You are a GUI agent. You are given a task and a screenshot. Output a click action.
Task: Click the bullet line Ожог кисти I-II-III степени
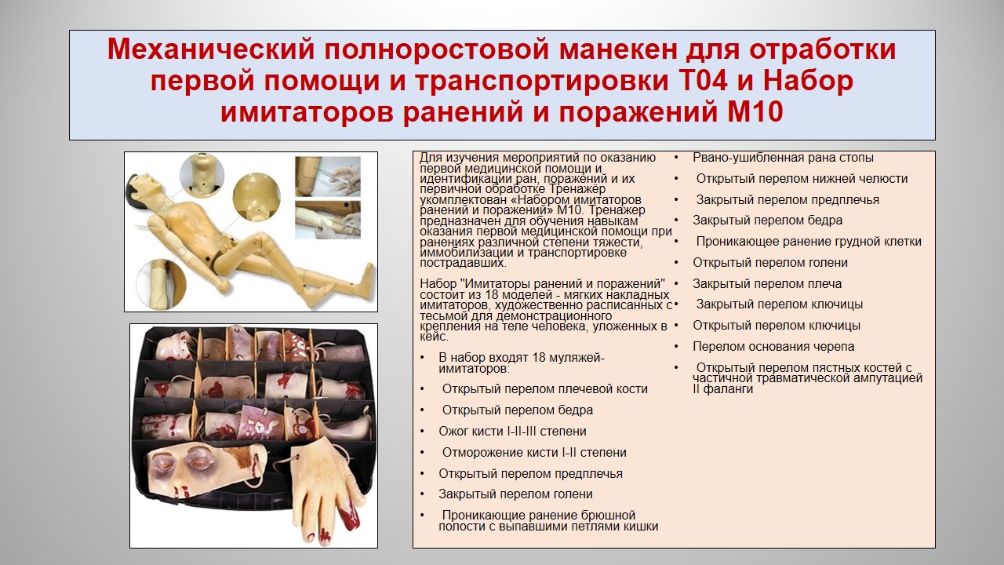(x=512, y=432)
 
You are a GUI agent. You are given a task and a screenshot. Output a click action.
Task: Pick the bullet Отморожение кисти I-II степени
(x=534, y=453)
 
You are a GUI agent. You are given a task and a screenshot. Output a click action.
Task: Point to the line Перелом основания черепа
(x=773, y=347)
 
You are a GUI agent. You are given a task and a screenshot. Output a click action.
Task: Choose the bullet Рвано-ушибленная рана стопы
(x=783, y=158)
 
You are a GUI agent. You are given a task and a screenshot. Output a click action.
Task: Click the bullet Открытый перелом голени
(x=770, y=263)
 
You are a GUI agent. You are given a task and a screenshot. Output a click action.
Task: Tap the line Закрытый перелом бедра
(x=767, y=221)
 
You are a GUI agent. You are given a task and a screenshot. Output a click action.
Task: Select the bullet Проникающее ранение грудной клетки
(x=809, y=242)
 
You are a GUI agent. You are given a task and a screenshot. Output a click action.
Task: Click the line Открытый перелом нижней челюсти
(x=802, y=179)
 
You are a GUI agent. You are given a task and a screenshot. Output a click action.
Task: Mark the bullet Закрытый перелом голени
(x=515, y=494)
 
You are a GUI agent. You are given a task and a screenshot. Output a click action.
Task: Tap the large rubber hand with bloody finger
(x=327, y=491)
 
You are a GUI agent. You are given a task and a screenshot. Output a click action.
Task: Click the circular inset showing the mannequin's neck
(x=202, y=175)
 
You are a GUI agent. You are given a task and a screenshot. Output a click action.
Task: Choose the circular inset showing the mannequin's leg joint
(x=161, y=283)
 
